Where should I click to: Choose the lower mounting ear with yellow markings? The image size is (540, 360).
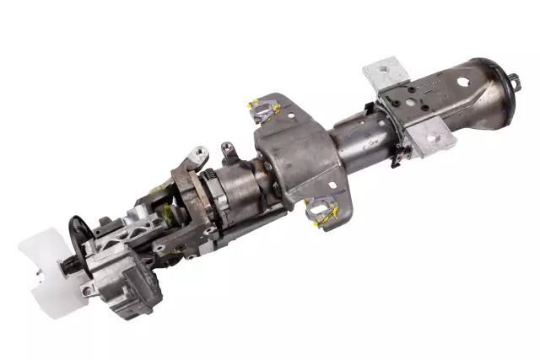(323, 211)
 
